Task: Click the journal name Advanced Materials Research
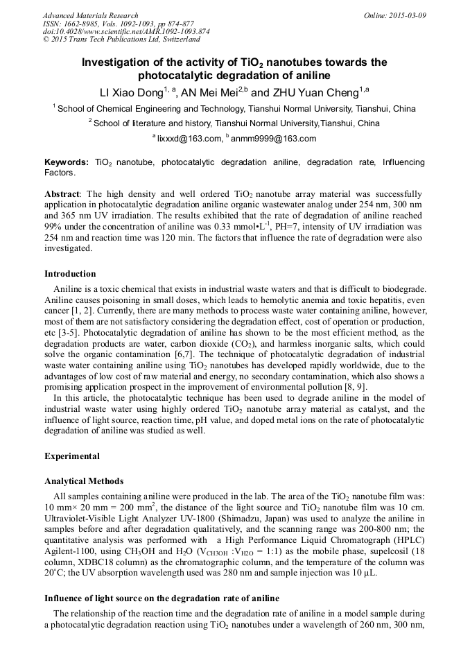(91, 15)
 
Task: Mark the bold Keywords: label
(67, 162)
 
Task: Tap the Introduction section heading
(70, 274)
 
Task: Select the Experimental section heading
(72, 456)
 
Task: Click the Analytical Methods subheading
(84, 481)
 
